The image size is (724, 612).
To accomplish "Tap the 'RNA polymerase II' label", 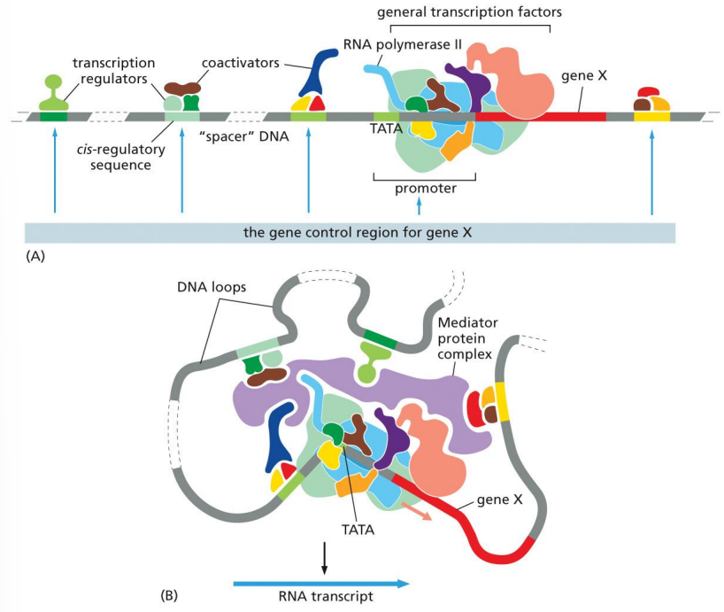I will [x=396, y=43].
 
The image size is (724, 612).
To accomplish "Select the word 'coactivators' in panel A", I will [x=240, y=63].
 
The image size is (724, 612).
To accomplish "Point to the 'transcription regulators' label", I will [x=113, y=70].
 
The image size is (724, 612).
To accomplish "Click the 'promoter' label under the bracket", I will [x=426, y=188].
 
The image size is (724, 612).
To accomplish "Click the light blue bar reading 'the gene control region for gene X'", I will [x=350, y=233].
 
